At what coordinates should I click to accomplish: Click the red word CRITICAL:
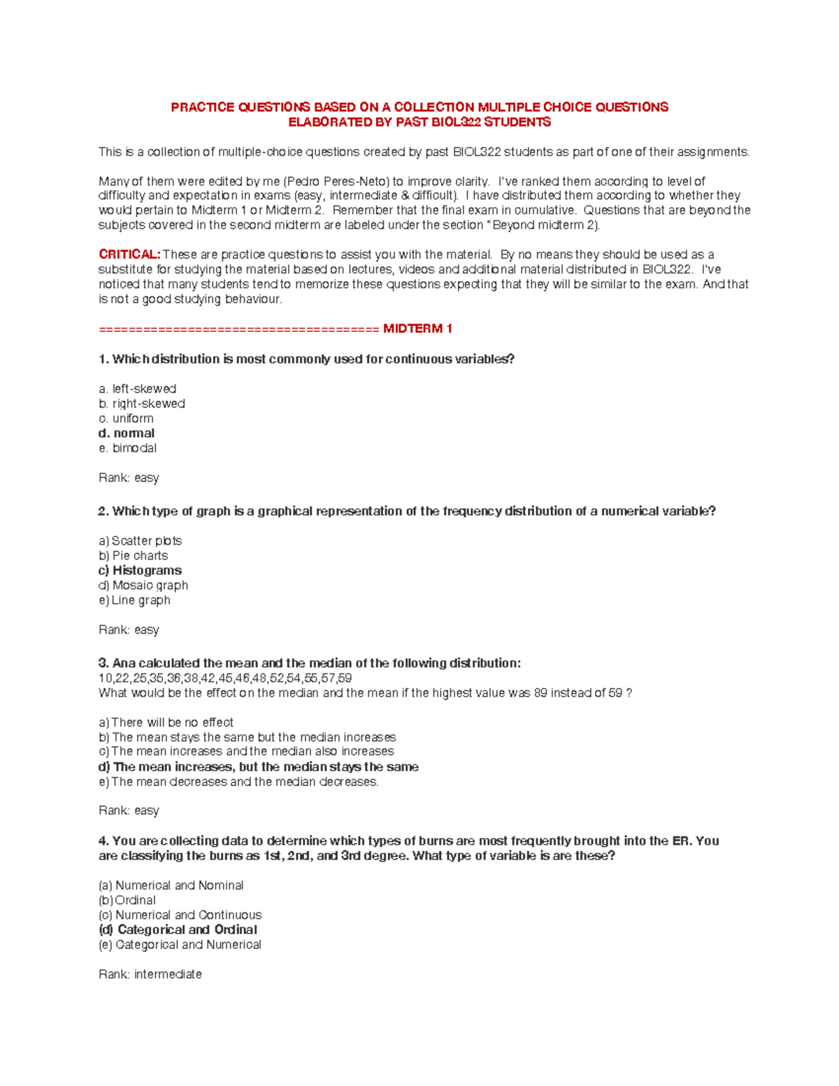point(129,255)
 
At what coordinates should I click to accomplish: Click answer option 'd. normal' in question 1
point(127,434)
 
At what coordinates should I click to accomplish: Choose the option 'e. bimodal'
point(127,448)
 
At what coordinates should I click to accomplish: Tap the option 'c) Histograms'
point(140,571)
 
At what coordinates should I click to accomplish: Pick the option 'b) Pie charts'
point(133,556)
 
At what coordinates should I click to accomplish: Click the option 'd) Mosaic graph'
point(143,585)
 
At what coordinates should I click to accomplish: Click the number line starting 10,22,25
point(224,678)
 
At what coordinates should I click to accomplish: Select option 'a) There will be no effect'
point(166,722)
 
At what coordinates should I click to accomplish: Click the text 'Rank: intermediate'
point(150,974)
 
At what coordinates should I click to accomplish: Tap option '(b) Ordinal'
point(127,900)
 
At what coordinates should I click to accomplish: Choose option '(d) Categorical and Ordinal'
point(178,930)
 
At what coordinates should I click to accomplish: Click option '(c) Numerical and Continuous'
point(180,915)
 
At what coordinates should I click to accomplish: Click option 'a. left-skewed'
point(137,389)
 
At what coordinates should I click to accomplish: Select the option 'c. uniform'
point(126,418)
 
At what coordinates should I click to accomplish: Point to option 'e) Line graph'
point(134,600)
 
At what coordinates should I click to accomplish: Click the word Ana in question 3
point(124,663)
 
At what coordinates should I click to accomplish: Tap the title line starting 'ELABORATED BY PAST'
point(419,122)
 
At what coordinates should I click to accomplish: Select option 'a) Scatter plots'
point(140,541)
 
